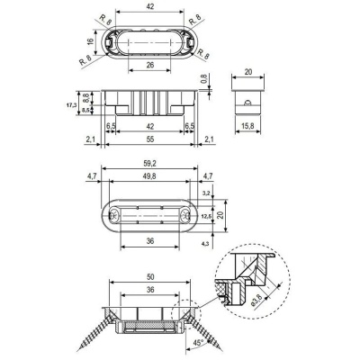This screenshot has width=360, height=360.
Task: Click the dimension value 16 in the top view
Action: pyautogui.click(x=91, y=41)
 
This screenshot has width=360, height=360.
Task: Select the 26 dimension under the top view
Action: pyautogui.click(x=150, y=65)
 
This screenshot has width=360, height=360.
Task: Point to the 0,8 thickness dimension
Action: pyautogui.click(x=204, y=78)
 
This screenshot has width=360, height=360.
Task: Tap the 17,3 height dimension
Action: pyautogui.click(x=71, y=105)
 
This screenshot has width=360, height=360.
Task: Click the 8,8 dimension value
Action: pyautogui.click(x=85, y=97)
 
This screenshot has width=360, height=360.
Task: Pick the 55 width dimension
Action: pyautogui.click(x=150, y=139)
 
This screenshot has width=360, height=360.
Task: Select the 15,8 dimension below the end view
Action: pyautogui.click(x=248, y=126)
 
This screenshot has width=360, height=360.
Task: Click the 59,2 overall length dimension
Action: pyautogui.click(x=150, y=164)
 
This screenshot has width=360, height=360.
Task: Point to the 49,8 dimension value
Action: pyautogui.click(x=150, y=176)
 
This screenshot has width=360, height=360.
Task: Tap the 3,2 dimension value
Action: pyautogui.click(x=205, y=193)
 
